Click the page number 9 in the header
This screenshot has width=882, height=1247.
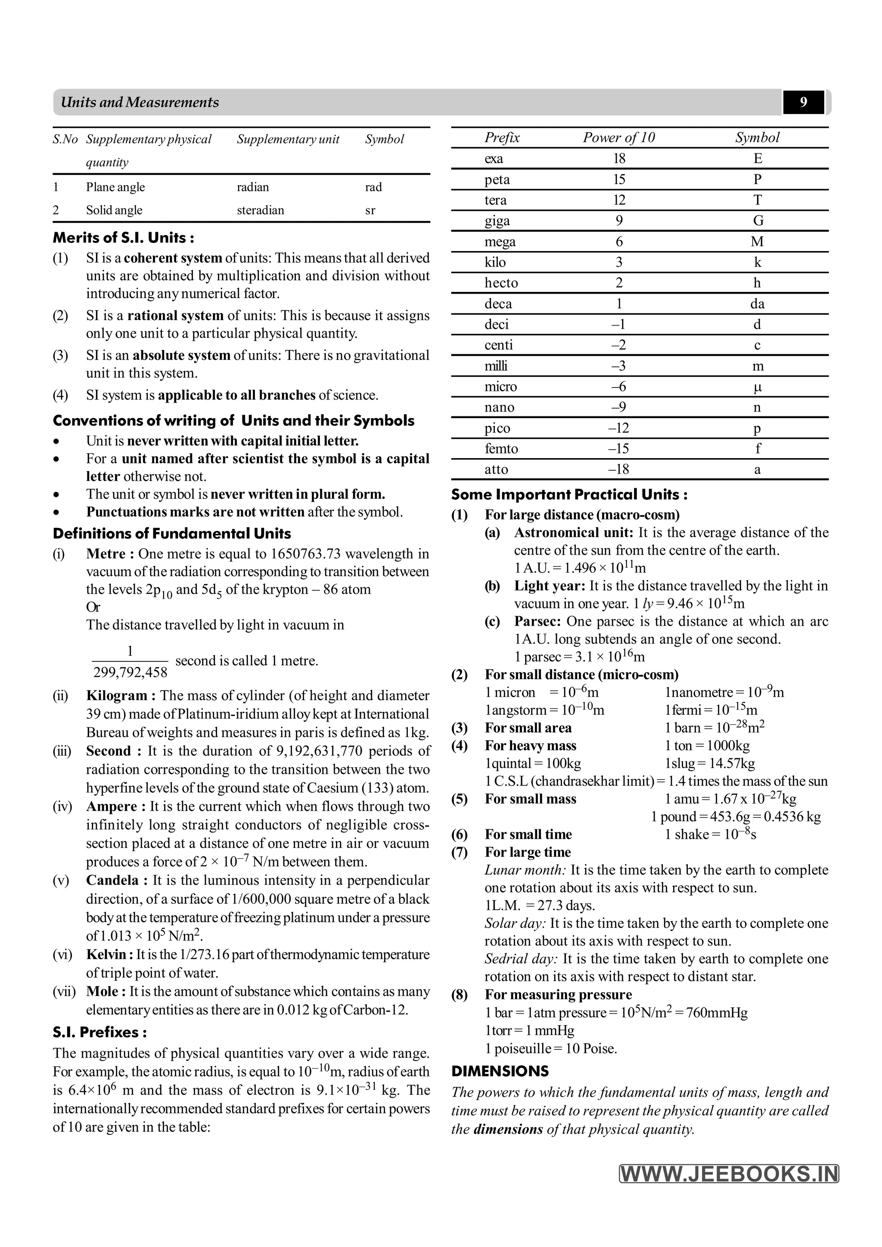click(803, 102)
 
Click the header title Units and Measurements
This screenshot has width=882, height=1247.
click(140, 102)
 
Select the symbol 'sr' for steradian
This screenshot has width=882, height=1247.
click(370, 210)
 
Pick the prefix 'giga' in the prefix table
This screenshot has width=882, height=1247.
click(497, 220)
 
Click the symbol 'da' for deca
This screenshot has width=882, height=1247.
click(757, 304)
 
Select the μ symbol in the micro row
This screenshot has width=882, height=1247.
click(758, 387)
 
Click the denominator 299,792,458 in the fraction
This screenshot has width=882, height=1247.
click(130, 673)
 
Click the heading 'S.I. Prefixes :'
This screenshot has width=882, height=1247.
click(100, 1033)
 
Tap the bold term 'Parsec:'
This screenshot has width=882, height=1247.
click(537, 621)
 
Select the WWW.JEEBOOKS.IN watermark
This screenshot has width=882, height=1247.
click(729, 1174)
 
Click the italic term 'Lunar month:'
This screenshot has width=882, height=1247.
click(525, 870)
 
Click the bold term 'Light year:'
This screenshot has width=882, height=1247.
click(549, 586)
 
